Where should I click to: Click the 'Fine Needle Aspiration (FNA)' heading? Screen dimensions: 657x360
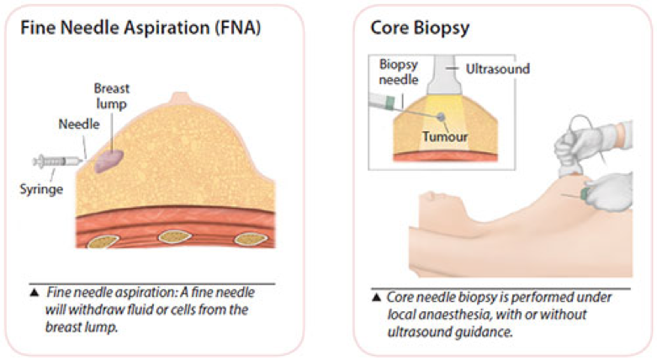[x=140, y=28]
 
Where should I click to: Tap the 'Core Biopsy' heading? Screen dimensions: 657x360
[x=420, y=28]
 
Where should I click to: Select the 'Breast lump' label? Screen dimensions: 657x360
[x=111, y=96]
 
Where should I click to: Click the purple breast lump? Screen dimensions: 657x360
[x=109, y=161]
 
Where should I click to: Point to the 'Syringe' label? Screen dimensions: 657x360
[x=41, y=189]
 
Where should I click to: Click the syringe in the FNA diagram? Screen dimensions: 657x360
[x=57, y=161]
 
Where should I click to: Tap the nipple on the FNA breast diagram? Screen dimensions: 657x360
[x=180, y=98]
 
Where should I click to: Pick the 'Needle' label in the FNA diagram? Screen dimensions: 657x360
[x=79, y=124]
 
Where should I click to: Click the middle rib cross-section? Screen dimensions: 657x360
[x=175, y=237]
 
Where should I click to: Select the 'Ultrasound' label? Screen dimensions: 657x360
[x=498, y=69]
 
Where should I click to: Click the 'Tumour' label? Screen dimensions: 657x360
[x=444, y=136]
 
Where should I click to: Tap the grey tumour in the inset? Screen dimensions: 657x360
[x=441, y=117]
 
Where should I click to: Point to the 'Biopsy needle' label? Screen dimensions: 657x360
[x=399, y=71]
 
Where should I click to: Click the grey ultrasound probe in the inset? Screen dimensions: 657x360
[x=444, y=76]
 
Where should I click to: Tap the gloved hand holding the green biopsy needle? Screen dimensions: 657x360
[x=610, y=192]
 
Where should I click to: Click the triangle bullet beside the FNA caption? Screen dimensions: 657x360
[x=34, y=292]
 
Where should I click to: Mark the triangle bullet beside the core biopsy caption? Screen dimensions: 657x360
[x=376, y=297]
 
